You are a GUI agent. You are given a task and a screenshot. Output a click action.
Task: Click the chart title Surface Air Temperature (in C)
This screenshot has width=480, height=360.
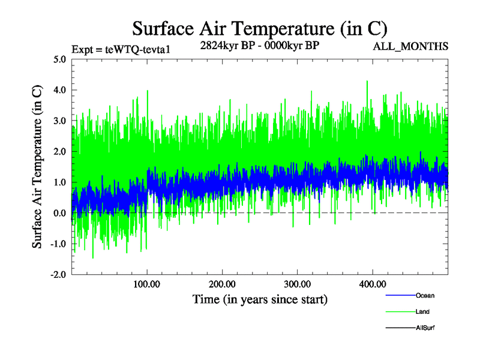(x=260, y=28)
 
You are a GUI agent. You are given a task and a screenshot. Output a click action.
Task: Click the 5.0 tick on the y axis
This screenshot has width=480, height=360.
(x=60, y=59)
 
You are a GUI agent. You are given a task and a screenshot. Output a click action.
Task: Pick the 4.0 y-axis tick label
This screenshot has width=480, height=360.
(x=60, y=90)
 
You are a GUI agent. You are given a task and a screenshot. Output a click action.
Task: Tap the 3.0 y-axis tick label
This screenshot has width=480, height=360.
(x=60, y=121)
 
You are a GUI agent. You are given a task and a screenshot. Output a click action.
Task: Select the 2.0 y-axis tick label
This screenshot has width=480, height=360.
(x=60, y=151)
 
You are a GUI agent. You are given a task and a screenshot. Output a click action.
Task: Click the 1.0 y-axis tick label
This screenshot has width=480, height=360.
(x=60, y=182)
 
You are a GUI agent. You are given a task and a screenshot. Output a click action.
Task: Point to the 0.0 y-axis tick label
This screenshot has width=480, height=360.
(x=60, y=213)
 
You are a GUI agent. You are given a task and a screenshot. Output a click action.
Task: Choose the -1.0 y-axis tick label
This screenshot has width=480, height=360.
(x=58, y=244)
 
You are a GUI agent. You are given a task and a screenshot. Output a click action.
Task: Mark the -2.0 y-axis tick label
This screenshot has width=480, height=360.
(x=58, y=274)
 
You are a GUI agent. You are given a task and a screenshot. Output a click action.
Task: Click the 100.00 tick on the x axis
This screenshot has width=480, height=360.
(x=147, y=283)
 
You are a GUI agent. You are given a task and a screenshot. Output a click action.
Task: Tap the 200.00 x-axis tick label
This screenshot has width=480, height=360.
(x=222, y=283)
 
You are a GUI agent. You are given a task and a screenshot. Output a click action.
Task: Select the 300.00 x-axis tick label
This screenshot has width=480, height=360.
(x=297, y=283)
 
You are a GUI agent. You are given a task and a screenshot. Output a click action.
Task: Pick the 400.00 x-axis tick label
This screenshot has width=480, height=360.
(x=372, y=283)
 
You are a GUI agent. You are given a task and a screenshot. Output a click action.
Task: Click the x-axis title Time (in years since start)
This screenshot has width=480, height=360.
(x=260, y=298)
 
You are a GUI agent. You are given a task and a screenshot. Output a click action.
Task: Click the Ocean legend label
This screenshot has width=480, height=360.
(x=425, y=296)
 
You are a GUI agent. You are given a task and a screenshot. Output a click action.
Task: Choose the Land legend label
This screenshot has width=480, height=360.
(x=423, y=312)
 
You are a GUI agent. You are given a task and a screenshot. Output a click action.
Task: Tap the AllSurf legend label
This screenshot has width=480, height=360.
(x=425, y=328)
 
